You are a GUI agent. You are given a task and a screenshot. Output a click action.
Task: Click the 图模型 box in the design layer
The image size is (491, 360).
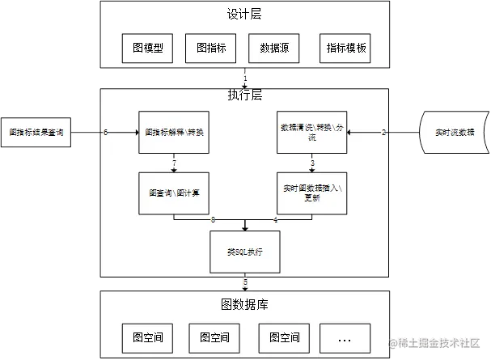(148, 49)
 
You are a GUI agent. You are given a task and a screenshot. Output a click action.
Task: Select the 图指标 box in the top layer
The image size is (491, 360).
(211, 49)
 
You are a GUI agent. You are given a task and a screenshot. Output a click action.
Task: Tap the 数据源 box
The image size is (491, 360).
(275, 49)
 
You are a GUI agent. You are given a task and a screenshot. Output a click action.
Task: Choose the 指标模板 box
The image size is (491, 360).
(346, 49)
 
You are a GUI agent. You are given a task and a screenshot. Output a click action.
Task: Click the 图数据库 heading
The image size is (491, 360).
(244, 304)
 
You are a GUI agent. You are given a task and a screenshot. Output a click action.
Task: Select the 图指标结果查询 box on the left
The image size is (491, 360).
(36, 131)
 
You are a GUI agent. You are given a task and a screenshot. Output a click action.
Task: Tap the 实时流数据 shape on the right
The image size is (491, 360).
(455, 132)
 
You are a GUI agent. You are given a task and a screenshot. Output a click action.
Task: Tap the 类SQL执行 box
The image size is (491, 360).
(244, 252)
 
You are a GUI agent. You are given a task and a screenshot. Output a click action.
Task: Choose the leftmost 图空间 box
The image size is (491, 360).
(148, 337)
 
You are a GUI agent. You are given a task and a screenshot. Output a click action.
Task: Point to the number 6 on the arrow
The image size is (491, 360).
(105, 132)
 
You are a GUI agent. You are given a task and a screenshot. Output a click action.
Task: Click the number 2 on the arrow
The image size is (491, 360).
(383, 132)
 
